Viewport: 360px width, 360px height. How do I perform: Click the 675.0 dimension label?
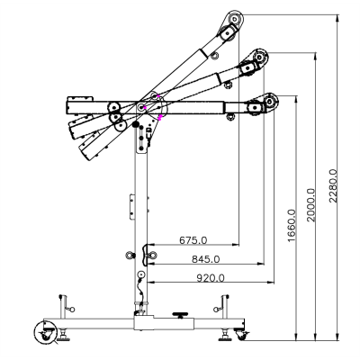tap(193, 239)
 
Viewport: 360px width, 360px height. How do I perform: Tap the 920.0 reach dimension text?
tap(208, 278)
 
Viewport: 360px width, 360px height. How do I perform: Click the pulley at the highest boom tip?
tap(237, 19)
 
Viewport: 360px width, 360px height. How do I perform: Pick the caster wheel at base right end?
tap(241, 335)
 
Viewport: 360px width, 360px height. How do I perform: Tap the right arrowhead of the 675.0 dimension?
tap(236, 246)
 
